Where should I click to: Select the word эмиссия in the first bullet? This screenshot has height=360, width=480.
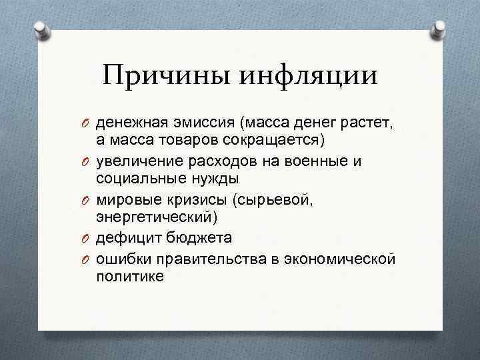[206, 123]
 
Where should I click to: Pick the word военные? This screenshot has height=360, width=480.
[317, 161]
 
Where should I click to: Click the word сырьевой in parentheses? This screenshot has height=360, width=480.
[258, 199]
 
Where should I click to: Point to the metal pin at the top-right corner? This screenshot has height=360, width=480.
[441, 27]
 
